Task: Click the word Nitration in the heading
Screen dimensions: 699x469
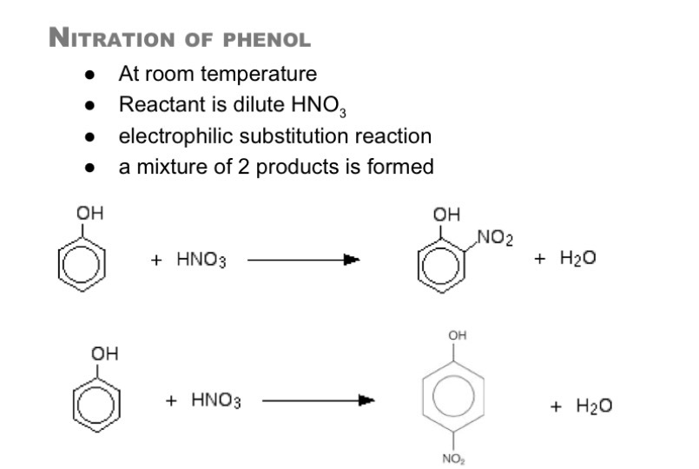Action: point(111,38)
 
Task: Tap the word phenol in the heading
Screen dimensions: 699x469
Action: point(267,40)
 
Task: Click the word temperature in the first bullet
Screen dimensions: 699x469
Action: point(259,74)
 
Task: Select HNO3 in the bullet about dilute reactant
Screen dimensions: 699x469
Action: point(319,106)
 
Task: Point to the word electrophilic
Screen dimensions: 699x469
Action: point(175,136)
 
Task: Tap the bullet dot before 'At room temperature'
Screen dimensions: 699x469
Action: point(89,75)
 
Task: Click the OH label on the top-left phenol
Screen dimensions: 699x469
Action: point(89,213)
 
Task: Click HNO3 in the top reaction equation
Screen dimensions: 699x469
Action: point(201,259)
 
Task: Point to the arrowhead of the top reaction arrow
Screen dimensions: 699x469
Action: point(353,260)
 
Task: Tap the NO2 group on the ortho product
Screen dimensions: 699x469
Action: point(495,237)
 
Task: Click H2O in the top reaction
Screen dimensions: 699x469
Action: point(577,258)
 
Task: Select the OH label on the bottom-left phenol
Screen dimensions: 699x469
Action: point(104,354)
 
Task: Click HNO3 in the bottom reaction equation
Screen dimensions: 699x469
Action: point(216,400)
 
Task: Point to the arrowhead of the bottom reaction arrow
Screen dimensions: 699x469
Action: point(367,400)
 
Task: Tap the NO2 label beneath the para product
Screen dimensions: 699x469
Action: point(453,459)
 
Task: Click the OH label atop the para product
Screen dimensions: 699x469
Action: point(458,335)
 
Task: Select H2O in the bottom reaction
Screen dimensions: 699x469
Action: point(594,406)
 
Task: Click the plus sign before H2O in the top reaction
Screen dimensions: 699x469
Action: point(539,259)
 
